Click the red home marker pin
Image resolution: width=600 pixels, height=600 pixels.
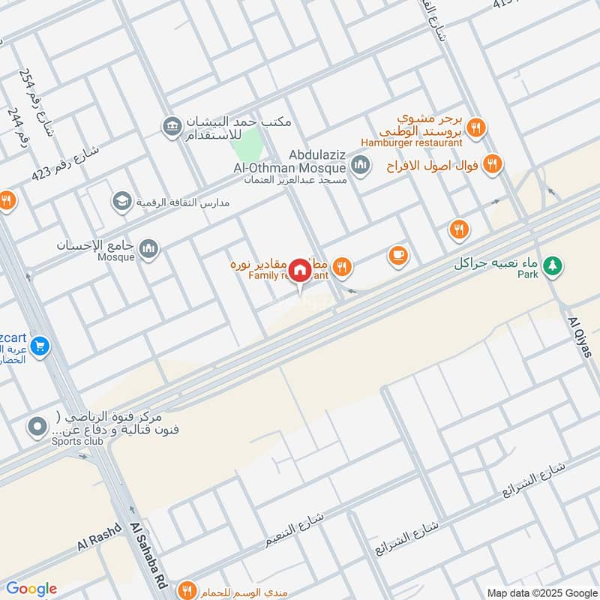pos(300,270)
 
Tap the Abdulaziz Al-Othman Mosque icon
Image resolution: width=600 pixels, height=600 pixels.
pos(361,163)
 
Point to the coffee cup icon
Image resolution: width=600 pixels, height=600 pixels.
pos(398,256)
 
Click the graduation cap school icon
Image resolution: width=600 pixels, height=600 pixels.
pos(121,201)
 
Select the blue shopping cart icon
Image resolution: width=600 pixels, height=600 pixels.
pos(40,346)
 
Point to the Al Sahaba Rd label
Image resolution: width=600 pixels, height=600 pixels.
pos(147,555)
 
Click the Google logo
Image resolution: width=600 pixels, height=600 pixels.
pos(31,589)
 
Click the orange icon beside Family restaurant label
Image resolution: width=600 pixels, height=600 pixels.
pos(342,265)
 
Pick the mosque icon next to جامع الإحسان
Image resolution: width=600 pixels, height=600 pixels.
pos(150,247)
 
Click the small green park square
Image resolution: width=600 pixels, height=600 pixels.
pos(253,142)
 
